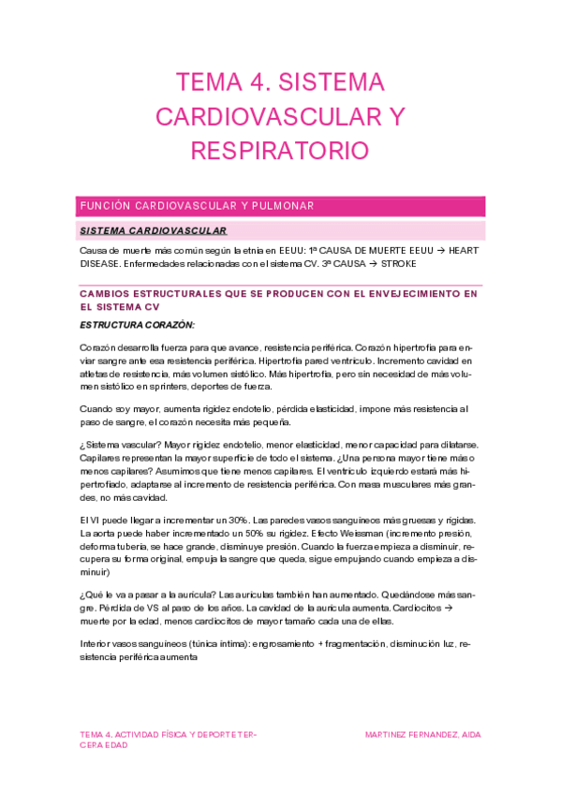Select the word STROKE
point(397,263)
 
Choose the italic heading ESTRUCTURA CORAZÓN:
point(138,325)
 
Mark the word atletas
point(100,373)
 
